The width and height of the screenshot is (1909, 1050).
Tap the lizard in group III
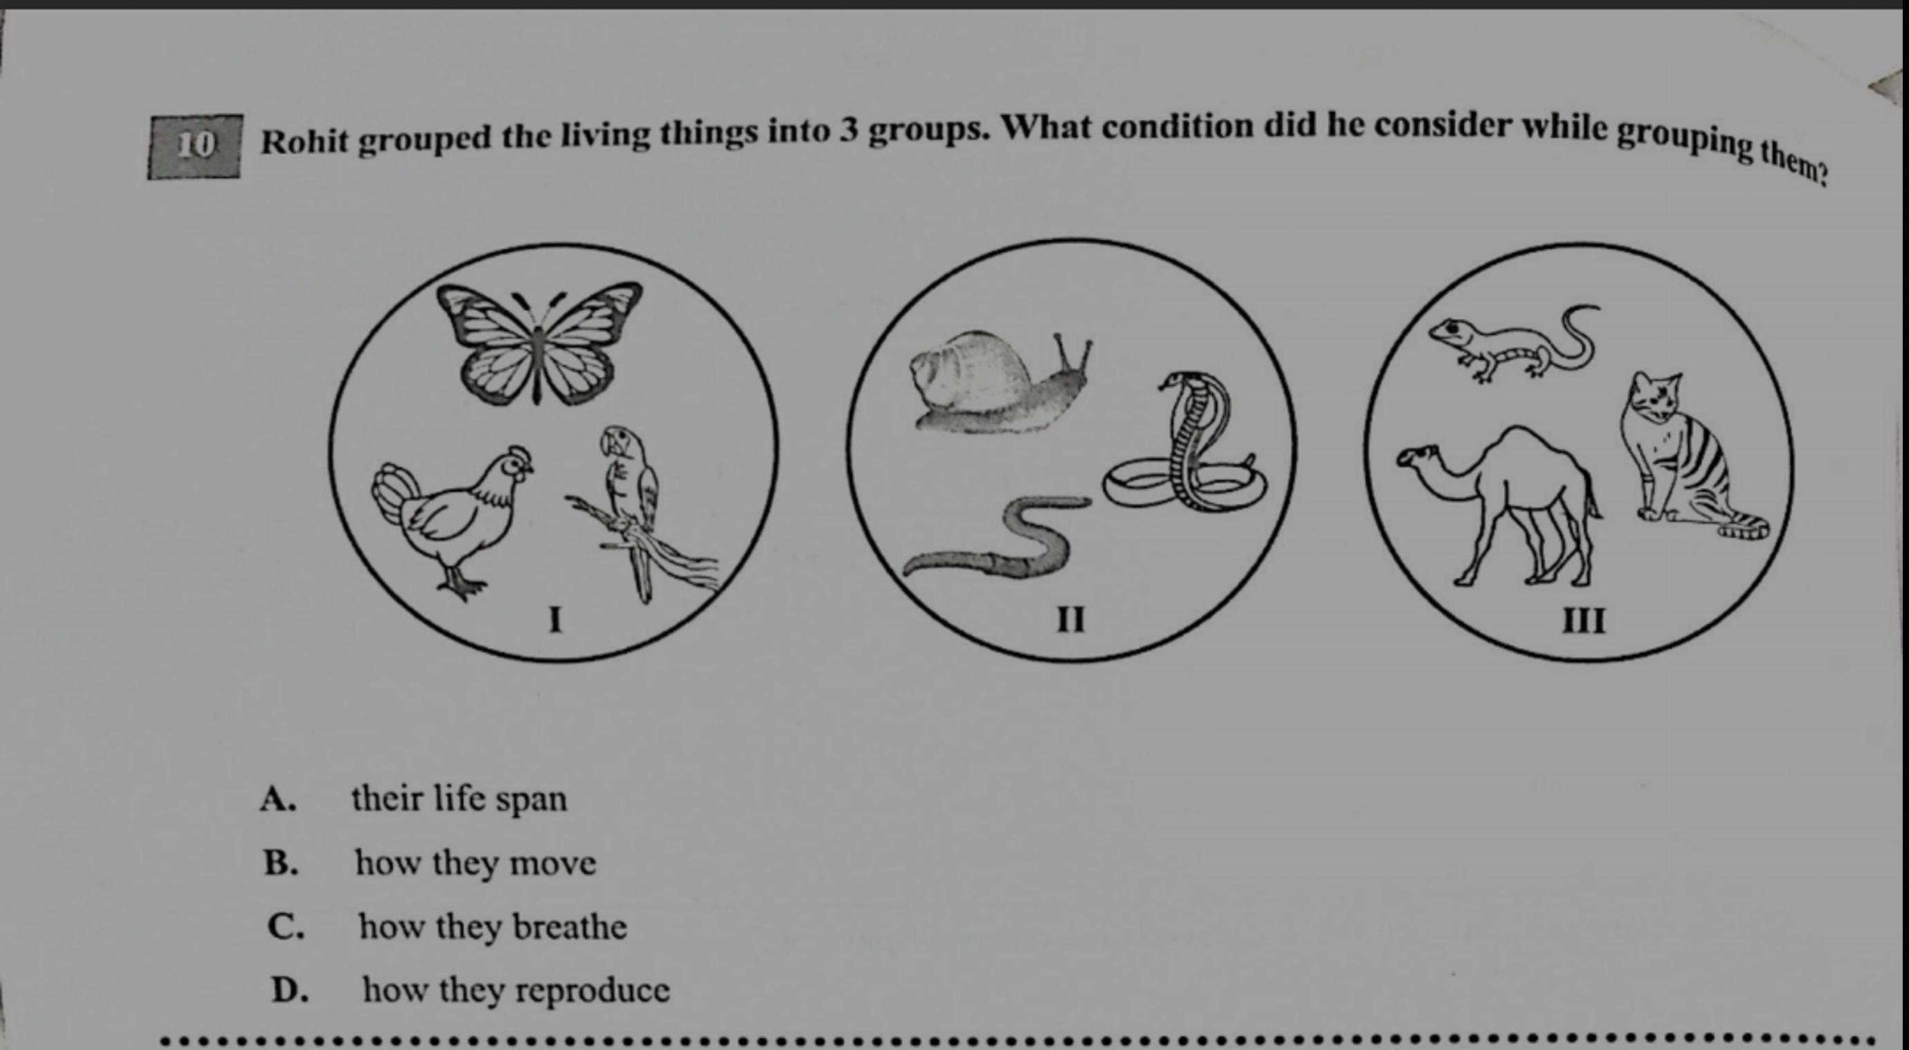click(x=1512, y=345)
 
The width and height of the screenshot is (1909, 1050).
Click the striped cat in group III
click(x=1682, y=459)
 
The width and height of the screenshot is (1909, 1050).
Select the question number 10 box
click(x=194, y=146)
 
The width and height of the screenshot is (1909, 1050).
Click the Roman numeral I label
click(x=554, y=619)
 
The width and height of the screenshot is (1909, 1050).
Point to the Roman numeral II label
click(x=1070, y=619)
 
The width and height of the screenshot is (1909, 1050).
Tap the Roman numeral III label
click(x=1584, y=620)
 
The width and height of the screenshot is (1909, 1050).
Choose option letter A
click(x=278, y=799)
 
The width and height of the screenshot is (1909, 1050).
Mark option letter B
click(x=281, y=863)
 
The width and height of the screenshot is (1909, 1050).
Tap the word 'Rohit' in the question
click(x=305, y=142)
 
